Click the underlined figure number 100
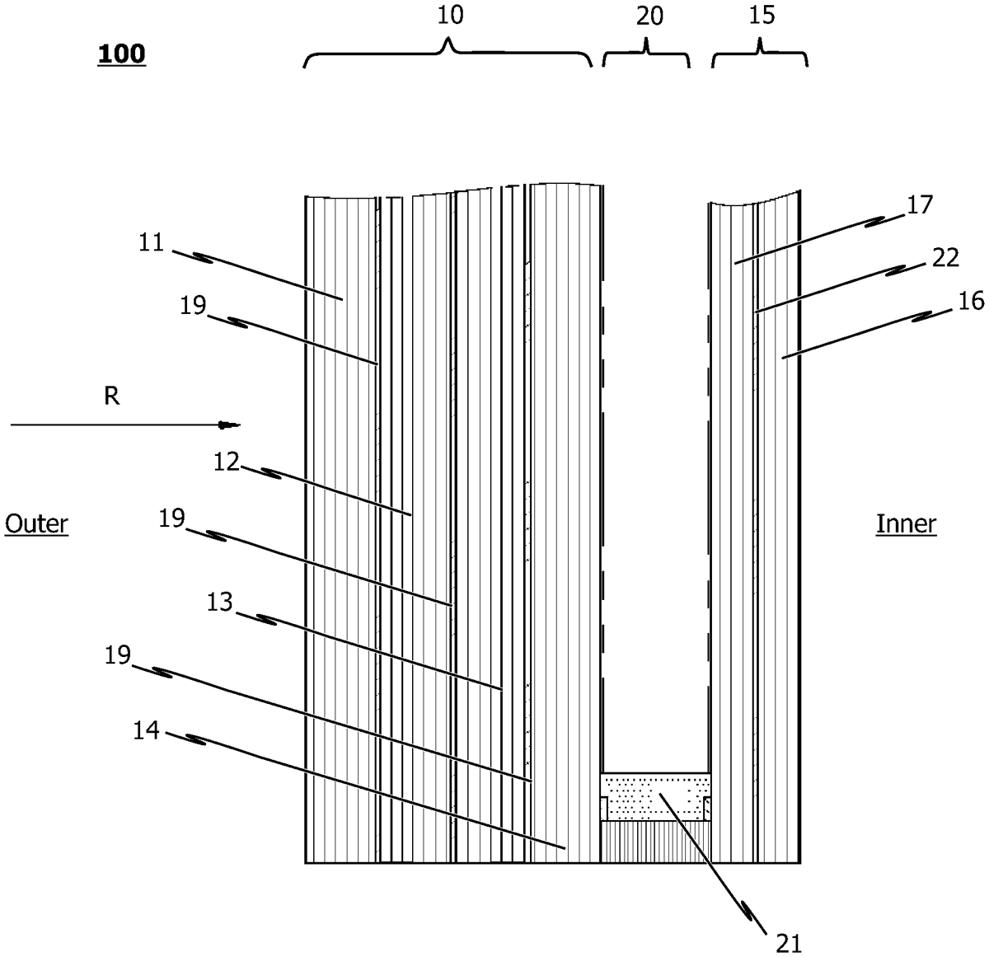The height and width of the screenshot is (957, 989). click(x=121, y=54)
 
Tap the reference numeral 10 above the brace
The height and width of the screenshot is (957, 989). click(x=450, y=16)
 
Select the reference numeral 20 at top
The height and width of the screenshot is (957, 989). click(x=649, y=16)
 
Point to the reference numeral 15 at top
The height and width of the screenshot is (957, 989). click(x=762, y=15)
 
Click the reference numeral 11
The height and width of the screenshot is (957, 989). click(x=152, y=242)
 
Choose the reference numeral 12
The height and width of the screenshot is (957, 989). click(x=226, y=462)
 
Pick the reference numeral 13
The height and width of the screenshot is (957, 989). click(x=219, y=603)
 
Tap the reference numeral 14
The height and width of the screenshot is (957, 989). click(x=147, y=731)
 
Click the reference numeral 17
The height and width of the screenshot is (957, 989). click(x=920, y=204)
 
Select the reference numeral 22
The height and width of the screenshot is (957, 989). click(x=945, y=258)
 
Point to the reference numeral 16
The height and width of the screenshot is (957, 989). click(x=971, y=301)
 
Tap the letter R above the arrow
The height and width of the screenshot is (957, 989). click(x=112, y=396)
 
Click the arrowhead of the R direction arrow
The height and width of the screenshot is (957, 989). click(x=229, y=425)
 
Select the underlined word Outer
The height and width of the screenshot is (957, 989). click(x=36, y=524)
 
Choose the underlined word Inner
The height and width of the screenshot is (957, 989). click(x=906, y=524)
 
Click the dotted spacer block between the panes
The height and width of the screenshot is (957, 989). click(x=655, y=796)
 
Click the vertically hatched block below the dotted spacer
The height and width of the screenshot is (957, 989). click(x=655, y=842)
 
